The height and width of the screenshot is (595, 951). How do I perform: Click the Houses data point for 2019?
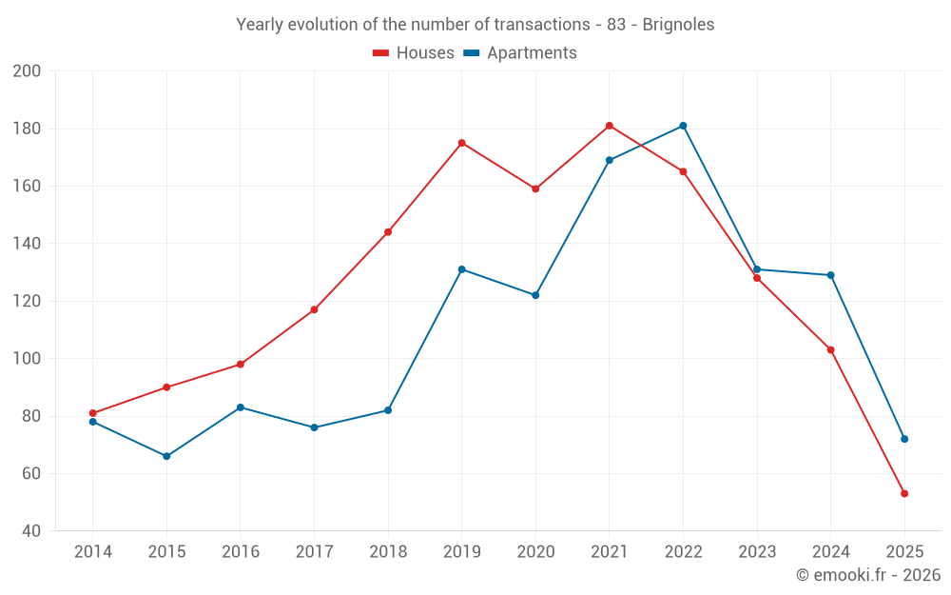point(461,143)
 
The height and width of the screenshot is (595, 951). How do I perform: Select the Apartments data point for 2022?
point(683,126)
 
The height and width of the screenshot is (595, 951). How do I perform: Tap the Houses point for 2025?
point(904,493)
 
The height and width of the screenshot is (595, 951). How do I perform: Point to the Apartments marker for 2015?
point(166,456)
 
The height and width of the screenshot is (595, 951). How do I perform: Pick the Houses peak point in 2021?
point(610,126)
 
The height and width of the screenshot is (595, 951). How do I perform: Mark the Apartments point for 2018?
point(388,410)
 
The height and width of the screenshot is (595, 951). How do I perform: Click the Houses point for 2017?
point(314,309)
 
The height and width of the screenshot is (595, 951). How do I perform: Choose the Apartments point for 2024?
point(830,275)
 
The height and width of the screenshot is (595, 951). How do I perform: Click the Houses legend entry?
point(414,53)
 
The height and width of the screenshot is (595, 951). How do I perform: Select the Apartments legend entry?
point(520,53)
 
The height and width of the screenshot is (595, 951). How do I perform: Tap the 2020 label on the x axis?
point(535,552)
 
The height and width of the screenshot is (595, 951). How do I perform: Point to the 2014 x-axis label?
point(92,552)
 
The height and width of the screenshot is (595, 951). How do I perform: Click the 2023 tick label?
point(757,552)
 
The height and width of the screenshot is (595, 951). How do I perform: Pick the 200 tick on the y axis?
point(28,71)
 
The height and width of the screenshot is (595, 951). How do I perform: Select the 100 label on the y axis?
point(28,359)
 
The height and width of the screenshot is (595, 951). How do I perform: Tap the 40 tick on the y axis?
point(31,531)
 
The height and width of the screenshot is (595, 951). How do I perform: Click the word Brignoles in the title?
point(678,25)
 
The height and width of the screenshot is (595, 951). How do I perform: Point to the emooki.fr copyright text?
point(868,575)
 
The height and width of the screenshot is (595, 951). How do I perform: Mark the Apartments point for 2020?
point(535,295)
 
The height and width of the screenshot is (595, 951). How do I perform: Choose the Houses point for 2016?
point(241,365)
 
